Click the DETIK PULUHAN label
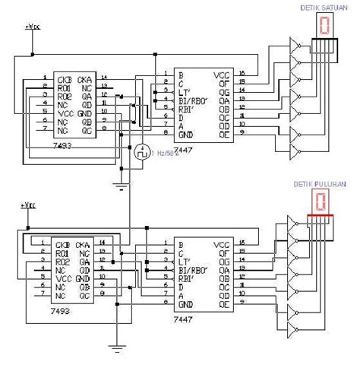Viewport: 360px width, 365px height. point(320,184)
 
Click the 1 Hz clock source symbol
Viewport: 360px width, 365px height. point(141,153)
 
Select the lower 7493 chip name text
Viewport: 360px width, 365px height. point(55,312)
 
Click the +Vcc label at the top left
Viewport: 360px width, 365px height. point(32,27)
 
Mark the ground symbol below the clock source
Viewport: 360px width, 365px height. point(119,182)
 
